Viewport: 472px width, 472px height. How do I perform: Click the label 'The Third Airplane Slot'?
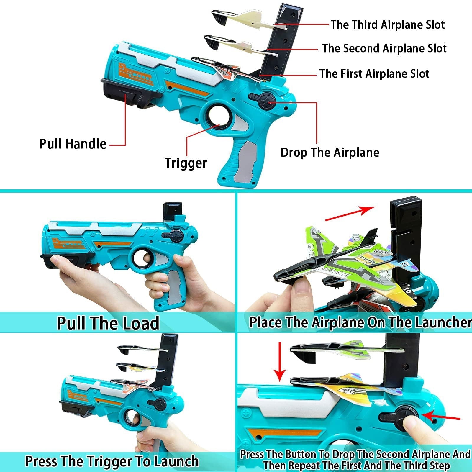point(387,24)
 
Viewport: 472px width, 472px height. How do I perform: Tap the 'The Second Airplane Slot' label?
point(384,48)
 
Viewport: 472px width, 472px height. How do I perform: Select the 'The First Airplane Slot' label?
point(374,73)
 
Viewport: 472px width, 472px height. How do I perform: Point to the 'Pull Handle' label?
point(73,144)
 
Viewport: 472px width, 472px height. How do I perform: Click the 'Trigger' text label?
point(186,163)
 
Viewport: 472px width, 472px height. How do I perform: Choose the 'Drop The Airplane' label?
point(330,153)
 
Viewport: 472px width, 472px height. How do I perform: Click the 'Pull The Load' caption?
point(108,323)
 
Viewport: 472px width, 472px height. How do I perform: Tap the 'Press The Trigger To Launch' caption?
point(112,461)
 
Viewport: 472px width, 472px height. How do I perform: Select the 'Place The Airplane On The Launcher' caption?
point(360,322)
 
